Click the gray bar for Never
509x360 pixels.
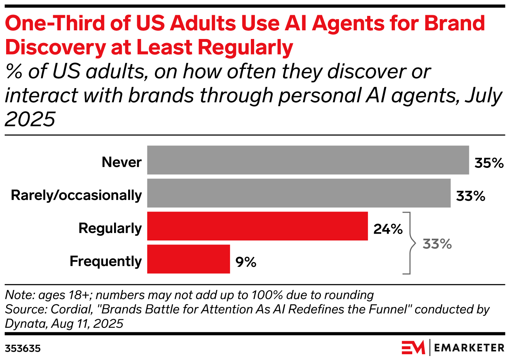click(x=308, y=160)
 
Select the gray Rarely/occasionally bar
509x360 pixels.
click(x=299, y=193)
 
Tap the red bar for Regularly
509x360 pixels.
click(x=257, y=226)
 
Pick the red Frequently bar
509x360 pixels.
click(x=188, y=259)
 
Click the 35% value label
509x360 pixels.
click(x=489, y=163)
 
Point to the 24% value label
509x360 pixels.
click(x=388, y=229)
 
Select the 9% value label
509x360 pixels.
click(x=246, y=262)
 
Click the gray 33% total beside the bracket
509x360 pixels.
click(x=437, y=244)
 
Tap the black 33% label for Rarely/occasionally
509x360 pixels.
click(x=470, y=196)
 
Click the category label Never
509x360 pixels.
click(x=122, y=162)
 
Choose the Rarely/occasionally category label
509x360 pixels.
click(x=76, y=195)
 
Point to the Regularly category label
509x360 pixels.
click(x=110, y=228)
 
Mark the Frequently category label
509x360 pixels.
click(x=105, y=261)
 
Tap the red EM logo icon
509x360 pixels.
click(x=413, y=347)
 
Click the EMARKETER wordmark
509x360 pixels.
click(x=469, y=348)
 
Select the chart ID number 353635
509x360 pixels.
click(x=22, y=348)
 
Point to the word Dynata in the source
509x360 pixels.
click(x=26, y=324)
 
